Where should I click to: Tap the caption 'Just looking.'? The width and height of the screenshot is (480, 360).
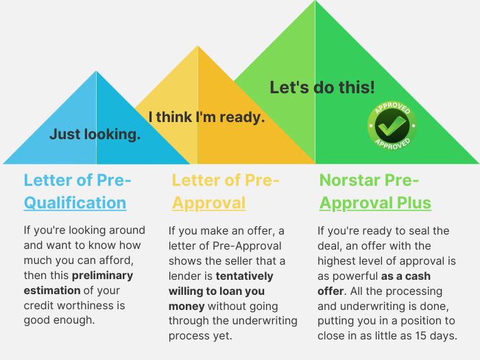[95, 134]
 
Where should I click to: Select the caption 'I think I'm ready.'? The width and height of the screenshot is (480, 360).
[206, 117]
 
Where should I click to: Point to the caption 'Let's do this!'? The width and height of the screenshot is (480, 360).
[322, 88]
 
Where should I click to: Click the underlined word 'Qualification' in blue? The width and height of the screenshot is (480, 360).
[75, 203]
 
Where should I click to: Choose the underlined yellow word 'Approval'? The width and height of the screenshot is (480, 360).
[208, 203]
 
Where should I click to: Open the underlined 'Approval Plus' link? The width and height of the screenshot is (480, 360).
[375, 203]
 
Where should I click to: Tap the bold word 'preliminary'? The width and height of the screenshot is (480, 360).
[103, 276]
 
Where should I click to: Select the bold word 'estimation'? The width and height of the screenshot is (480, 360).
[52, 291]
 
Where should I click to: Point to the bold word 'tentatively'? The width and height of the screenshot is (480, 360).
[245, 276]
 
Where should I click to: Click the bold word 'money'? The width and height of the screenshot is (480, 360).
[187, 306]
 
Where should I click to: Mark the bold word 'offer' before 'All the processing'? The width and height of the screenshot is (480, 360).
[331, 291]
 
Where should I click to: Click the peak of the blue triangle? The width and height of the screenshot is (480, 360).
[96, 71]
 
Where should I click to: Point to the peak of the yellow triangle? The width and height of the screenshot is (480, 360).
[197, 46]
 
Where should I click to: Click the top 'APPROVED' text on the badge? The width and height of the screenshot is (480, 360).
[392, 108]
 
